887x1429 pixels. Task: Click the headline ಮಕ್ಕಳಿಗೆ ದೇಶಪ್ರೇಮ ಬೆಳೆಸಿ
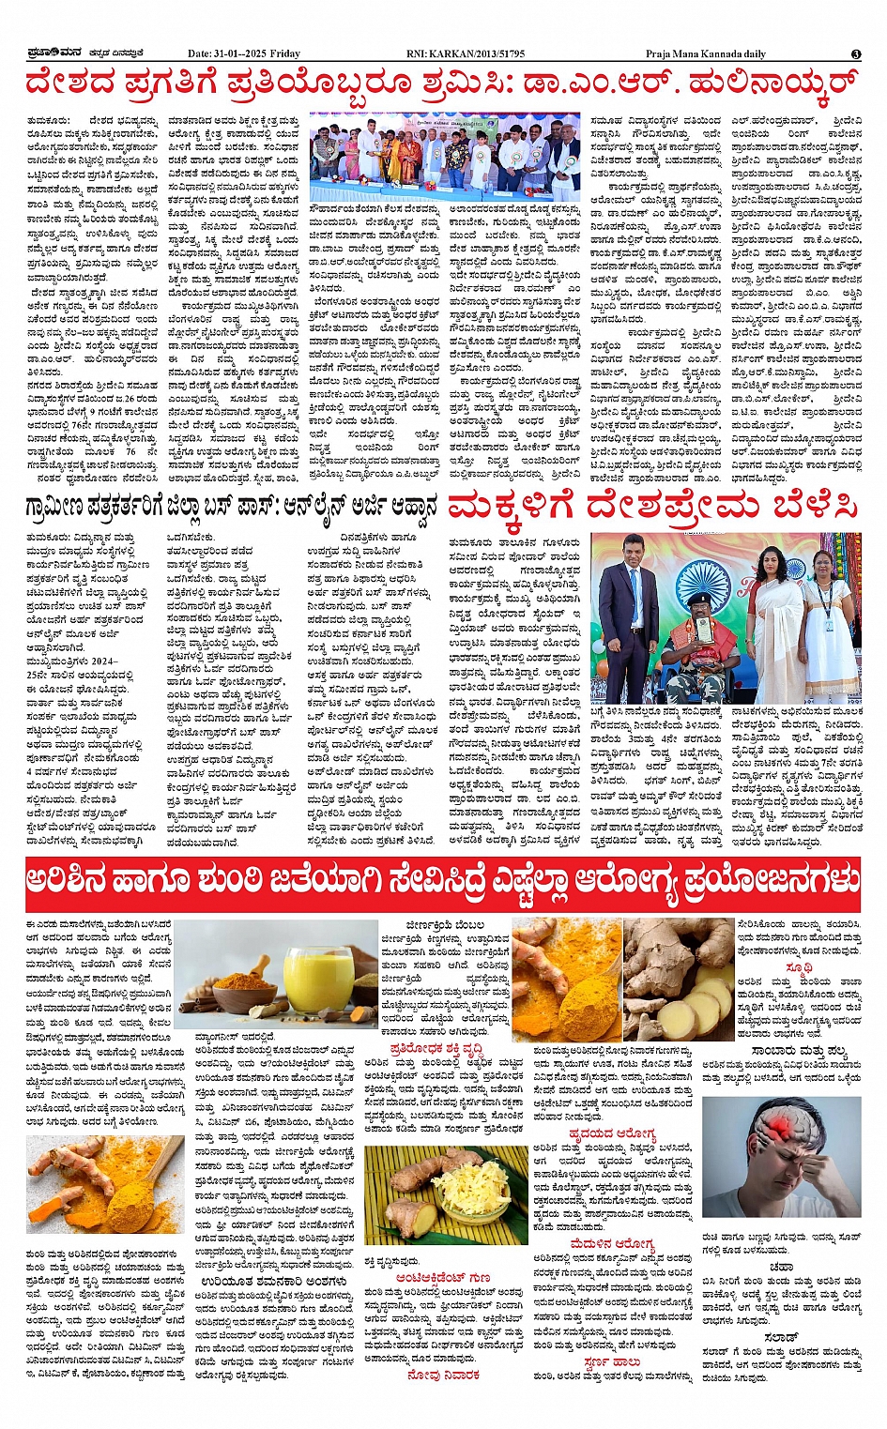tap(652, 508)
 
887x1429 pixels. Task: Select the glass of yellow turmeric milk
tap(318, 974)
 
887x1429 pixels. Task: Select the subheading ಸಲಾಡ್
tap(780, 1335)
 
